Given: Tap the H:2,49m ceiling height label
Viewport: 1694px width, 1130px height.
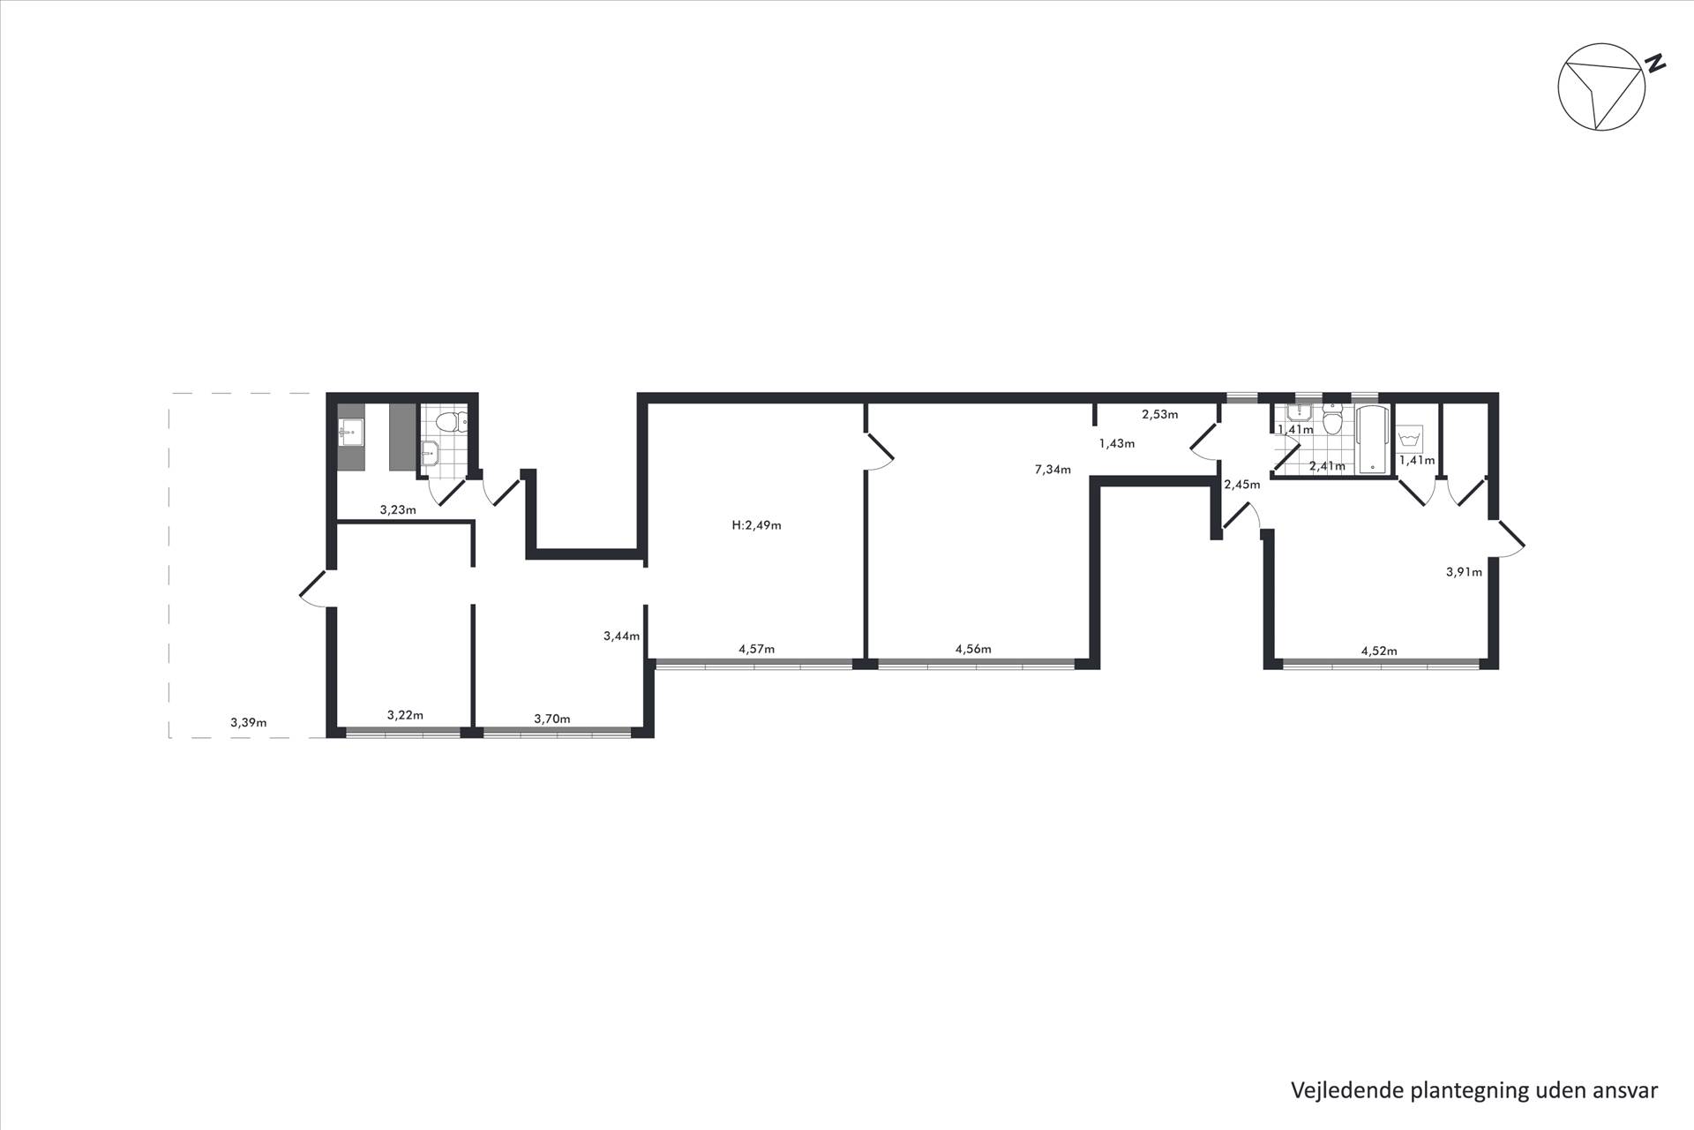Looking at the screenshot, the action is coord(756,525).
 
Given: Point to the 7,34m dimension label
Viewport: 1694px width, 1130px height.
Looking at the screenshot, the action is coord(1053,470).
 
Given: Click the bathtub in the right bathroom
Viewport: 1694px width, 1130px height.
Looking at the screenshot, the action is coord(1373,439).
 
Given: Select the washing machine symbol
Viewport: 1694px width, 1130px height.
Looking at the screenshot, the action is coord(1410,439).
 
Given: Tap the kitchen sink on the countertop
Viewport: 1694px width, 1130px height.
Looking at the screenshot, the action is coord(350,433).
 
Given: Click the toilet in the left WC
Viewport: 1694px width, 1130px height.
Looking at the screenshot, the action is coord(455,421).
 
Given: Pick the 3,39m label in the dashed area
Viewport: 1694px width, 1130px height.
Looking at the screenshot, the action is coord(248,722).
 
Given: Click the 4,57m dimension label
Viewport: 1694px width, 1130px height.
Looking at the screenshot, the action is coord(756,649).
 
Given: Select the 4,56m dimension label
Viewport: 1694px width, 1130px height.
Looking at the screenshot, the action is coord(973,649).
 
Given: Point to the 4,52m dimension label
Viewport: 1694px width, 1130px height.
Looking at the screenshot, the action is coord(1379,652).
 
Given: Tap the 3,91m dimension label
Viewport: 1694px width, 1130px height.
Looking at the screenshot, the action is coord(1464,571).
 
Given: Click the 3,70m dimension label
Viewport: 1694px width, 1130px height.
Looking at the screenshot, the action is coord(551,719).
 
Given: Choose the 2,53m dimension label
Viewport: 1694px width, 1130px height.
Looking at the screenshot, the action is coord(1159,414).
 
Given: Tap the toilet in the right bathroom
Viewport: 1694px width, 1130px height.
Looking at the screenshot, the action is coord(1331,421).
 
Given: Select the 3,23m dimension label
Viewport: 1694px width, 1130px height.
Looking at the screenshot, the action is coord(397,509).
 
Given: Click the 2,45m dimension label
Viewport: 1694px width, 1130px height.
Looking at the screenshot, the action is coord(1241,484).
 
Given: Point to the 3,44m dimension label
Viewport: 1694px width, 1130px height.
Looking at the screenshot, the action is coord(621,636).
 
